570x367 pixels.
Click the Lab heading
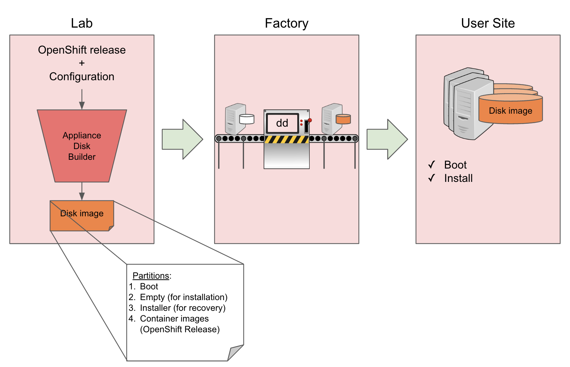tap(82, 23)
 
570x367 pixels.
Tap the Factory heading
tap(286, 23)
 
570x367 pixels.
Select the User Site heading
tap(488, 23)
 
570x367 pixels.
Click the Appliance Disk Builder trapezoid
tap(82, 146)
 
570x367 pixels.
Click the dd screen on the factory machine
tap(282, 123)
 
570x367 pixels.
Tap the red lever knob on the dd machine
tap(310, 120)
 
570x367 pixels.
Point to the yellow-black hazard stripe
tap(286, 140)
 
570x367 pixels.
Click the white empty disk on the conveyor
tap(247, 119)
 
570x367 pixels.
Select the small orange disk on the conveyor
tap(343, 119)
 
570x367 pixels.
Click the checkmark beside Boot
tap(431, 165)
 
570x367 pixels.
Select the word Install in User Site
tap(458, 178)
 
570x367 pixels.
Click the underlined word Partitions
tap(151, 276)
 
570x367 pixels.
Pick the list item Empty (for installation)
tap(183, 297)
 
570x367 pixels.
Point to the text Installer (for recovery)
tap(182, 308)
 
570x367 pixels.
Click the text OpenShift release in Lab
tap(82, 50)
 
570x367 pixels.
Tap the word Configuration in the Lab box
tap(82, 77)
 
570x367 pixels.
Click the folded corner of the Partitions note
tap(236, 353)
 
